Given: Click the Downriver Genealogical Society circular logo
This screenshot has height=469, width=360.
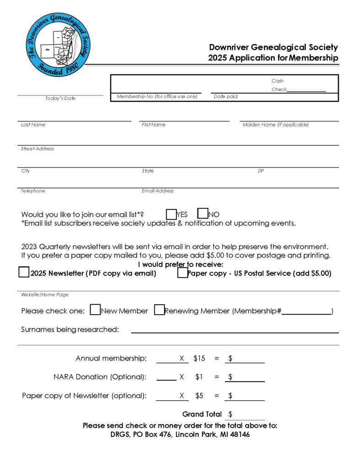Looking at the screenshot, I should tap(58, 44).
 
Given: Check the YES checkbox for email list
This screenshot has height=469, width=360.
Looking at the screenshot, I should tap(171, 214).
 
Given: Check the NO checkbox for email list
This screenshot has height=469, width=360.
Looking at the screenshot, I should tap(203, 213).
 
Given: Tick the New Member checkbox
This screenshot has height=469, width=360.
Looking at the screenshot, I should tap(95, 310).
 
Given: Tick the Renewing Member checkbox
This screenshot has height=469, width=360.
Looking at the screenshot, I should tap(159, 310).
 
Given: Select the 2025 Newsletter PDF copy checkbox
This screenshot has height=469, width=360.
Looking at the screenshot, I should tap(24, 273).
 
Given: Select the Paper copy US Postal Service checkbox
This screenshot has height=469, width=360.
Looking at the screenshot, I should tap(182, 273).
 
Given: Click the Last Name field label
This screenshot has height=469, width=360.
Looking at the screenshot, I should tap(33, 125).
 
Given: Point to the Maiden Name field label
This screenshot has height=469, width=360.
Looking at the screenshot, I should tap(275, 125).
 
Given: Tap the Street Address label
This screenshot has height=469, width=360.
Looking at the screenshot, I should tap(37, 149).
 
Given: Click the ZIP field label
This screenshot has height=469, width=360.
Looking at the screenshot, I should tap(261, 171).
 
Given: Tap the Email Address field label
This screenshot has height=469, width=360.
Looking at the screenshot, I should tap(158, 191).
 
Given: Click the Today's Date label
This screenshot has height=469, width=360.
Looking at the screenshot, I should tap(60, 98).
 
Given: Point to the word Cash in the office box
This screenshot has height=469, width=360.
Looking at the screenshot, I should tap(277, 81).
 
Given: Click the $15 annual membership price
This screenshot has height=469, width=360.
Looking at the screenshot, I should tap(199, 359).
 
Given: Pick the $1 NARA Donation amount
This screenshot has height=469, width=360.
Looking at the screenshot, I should tap(199, 377).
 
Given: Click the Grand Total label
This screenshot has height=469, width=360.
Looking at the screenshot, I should tap(202, 414).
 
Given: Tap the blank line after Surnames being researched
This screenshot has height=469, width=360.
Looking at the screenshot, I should tap(235, 329).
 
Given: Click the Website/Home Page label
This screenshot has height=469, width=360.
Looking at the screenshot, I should tap(44, 294).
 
